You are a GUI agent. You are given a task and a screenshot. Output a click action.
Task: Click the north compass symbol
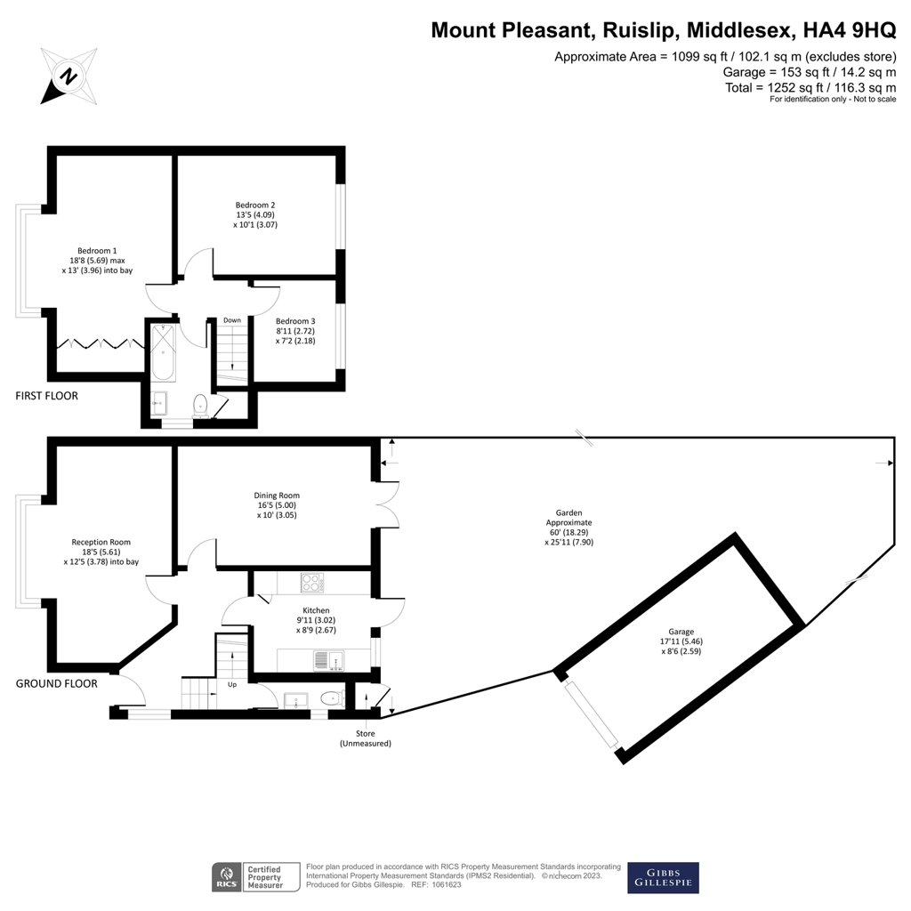[67, 76]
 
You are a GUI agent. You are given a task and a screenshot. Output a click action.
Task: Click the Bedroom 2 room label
[255, 205]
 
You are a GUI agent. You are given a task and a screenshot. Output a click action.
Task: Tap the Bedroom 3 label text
[294, 321]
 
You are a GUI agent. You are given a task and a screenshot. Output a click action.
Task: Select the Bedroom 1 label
[97, 250]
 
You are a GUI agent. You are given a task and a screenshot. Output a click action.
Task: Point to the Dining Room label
[277, 496]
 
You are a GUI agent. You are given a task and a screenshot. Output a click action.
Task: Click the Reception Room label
[101, 542]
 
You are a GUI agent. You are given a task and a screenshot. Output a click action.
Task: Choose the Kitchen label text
[290, 610]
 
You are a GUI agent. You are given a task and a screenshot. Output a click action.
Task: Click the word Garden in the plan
[568, 512]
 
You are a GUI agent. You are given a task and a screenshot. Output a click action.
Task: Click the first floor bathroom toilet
[201, 406]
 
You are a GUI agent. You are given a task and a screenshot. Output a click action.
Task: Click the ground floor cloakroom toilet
[332, 699]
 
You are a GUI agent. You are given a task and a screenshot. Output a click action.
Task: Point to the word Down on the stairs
[231, 320]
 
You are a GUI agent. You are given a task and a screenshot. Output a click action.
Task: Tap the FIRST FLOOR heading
[46, 396]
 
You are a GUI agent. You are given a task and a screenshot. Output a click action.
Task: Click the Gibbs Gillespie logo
[663, 877]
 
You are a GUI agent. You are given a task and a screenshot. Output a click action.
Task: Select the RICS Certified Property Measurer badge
[247, 877]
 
